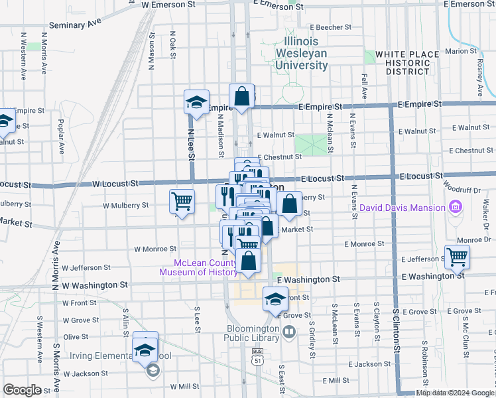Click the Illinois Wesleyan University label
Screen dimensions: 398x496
(302, 53)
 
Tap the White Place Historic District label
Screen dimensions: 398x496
(406, 62)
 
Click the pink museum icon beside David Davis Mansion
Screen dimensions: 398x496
(456, 208)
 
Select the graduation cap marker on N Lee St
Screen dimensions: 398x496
(196, 102)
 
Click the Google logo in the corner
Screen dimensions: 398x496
(22, 390)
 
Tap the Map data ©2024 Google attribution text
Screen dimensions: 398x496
(454, 393)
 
